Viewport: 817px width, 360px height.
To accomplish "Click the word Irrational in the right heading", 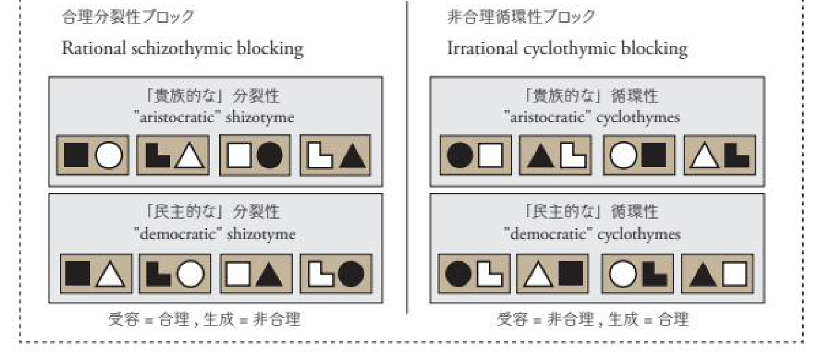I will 476,48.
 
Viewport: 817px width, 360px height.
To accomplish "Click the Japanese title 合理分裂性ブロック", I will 128,18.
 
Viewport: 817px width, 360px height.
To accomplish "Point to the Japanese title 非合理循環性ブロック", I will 520,18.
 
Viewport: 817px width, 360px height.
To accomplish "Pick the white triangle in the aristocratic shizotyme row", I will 192,157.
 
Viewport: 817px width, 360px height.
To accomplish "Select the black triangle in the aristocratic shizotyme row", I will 353,157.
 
